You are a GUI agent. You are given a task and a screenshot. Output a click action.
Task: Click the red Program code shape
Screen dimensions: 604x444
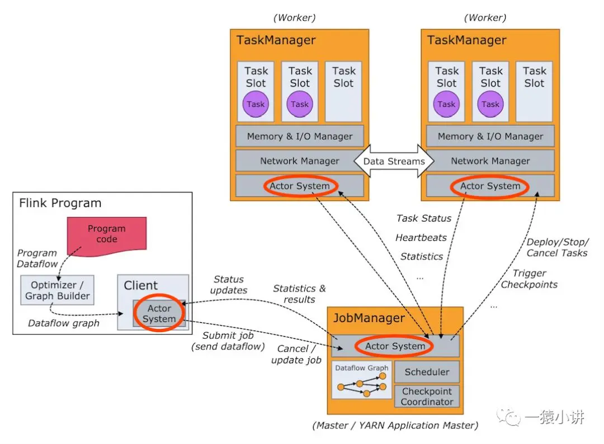click(107, 235)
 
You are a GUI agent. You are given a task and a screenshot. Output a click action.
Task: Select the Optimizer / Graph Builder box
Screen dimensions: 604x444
click(58, 290)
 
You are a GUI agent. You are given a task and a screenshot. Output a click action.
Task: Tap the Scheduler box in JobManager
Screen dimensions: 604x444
click(427, 372)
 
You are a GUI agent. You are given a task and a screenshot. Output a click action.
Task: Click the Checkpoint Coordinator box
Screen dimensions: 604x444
click(427, 396)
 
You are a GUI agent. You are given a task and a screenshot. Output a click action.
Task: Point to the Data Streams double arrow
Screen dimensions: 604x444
click(394, 161)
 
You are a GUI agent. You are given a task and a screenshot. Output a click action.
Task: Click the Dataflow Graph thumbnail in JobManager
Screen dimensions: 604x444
click(362, 380)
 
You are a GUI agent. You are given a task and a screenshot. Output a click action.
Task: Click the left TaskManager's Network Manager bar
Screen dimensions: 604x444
click(300, 160)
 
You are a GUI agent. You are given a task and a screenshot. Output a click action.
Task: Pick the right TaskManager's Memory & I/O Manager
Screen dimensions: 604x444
click(490, 136)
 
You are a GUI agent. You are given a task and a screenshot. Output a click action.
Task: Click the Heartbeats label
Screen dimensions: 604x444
click(421, 238)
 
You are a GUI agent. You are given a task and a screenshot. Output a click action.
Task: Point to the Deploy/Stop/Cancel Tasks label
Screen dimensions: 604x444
click(557, 248)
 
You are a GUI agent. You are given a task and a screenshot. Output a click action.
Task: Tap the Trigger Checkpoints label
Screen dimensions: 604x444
click(529, 279)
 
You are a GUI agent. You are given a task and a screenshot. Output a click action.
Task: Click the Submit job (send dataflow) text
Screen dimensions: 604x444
click(228, 341)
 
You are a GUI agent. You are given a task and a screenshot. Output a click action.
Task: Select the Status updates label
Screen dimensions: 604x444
click(229, 285)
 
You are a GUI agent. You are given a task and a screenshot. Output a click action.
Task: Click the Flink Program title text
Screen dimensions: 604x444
click(60, 203)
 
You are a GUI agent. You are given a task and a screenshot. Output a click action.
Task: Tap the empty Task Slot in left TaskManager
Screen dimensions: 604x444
click(343, 91)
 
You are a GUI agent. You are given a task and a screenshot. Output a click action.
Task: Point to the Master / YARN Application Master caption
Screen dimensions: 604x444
click(395, 425)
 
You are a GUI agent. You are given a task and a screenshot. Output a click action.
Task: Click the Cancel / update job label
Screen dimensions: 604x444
click(296, 355)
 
